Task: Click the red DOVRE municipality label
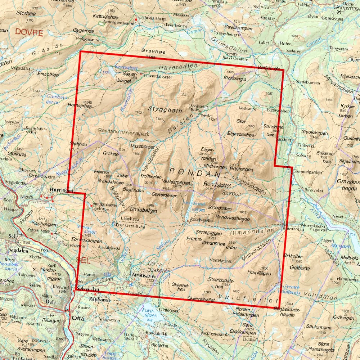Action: (x=29, y=33)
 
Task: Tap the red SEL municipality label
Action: (x=83, y=260)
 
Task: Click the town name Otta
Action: (x=78, y=318)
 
